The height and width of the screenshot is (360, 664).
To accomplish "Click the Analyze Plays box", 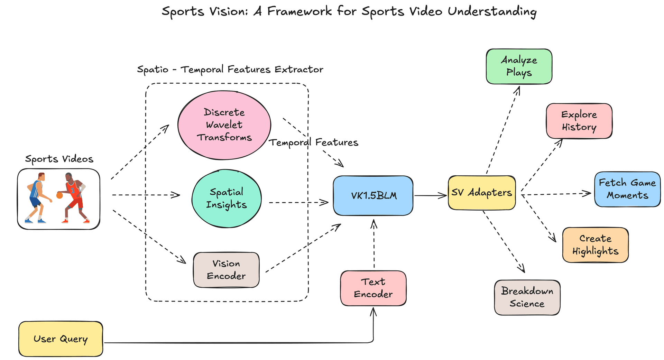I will [x=519, y=66].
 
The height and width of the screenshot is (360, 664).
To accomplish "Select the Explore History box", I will [x=579, y=121].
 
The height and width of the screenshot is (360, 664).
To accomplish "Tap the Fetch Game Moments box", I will [x=627, y=189].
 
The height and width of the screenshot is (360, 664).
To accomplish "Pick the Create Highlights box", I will [x=595, y=245].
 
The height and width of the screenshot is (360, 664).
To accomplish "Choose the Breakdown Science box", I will [x=527, y=297].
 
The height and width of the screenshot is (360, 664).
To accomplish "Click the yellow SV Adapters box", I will [x=482, y=193].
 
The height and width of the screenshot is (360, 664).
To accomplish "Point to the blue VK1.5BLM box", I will [x=373, y=196].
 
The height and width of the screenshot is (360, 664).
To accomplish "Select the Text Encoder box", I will [x=373, y=288].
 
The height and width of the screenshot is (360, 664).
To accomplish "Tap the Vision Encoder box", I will [x=226, y=270].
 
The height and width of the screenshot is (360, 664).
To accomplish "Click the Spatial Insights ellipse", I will [x=227, y=199].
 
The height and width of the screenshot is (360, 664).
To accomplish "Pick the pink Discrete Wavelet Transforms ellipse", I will [x=224, y=125].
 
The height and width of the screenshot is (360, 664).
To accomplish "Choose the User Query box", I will [x=61, y=339].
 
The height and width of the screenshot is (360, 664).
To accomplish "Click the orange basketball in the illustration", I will [x=59, y=195].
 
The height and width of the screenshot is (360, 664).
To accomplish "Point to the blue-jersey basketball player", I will [x=37, y=197].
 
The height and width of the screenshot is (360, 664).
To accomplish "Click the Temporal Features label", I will [x=314, y=142].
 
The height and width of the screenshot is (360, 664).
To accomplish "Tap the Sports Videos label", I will [x=59, y=159].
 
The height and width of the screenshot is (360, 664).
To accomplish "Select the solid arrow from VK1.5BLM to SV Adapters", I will [x=430, y=196].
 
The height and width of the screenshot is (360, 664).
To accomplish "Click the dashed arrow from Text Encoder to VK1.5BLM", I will [x=374, y=244].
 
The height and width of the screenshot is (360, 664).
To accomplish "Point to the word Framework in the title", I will [x=299, y=11].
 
